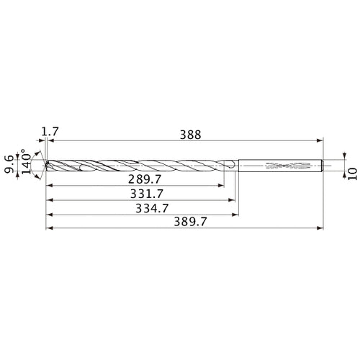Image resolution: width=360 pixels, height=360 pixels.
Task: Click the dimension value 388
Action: point(191,134)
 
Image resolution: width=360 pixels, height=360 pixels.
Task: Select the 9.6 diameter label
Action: point(9,165)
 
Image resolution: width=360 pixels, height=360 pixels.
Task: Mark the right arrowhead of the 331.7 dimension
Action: point(235,199)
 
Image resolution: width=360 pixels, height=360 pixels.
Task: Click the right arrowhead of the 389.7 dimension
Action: point(321,230)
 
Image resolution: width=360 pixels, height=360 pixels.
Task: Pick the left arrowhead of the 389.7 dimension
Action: point(48,230)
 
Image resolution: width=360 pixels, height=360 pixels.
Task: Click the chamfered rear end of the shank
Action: point(322,165)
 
